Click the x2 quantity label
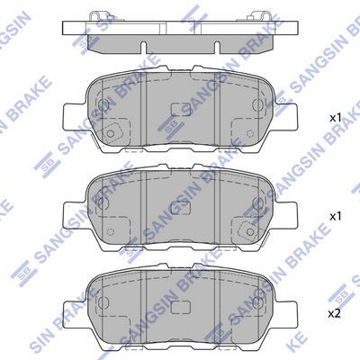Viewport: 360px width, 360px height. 335,314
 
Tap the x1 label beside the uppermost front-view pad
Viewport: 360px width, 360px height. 336,118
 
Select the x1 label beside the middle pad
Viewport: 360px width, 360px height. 336,216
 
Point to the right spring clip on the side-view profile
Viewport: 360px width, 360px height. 258,16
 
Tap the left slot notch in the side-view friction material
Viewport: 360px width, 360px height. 143,49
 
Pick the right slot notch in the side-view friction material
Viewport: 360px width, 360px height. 217,49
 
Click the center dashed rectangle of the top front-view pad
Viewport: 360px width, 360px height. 181,110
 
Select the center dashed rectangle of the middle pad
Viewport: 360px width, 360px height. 181,208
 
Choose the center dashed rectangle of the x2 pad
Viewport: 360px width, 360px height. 181,306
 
